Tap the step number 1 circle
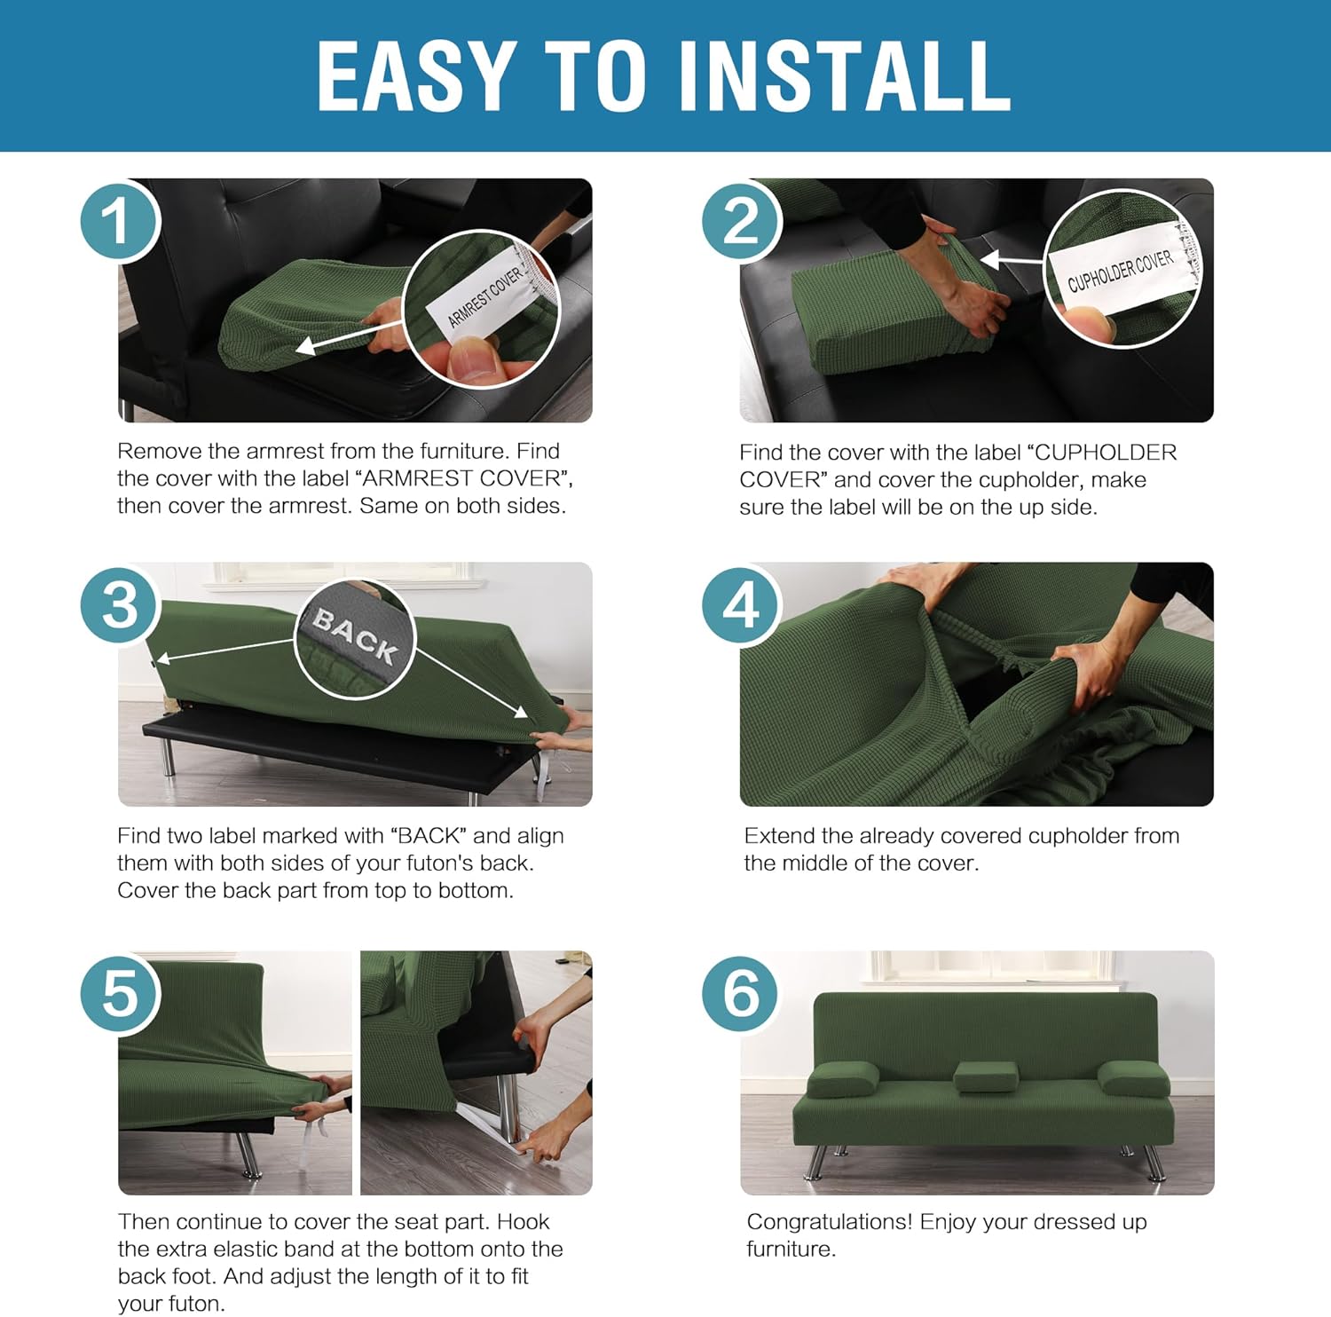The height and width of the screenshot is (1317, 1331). [x=119, y=220]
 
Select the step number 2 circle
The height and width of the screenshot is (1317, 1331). [x=741, y=220]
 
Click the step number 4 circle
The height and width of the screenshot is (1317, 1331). [x=741, y=606]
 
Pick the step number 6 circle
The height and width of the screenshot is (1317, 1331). [x=741, y=993]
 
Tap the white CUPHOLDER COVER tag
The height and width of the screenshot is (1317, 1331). [x=1120, y=270]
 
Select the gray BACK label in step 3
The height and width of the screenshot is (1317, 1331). [x=355, y=635]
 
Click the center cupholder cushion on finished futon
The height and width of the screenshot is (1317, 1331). [x=986, y=1076]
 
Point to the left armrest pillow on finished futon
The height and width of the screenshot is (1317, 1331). [x=842, y=1078]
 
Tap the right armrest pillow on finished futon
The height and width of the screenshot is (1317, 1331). [x=1133, y=1078]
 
